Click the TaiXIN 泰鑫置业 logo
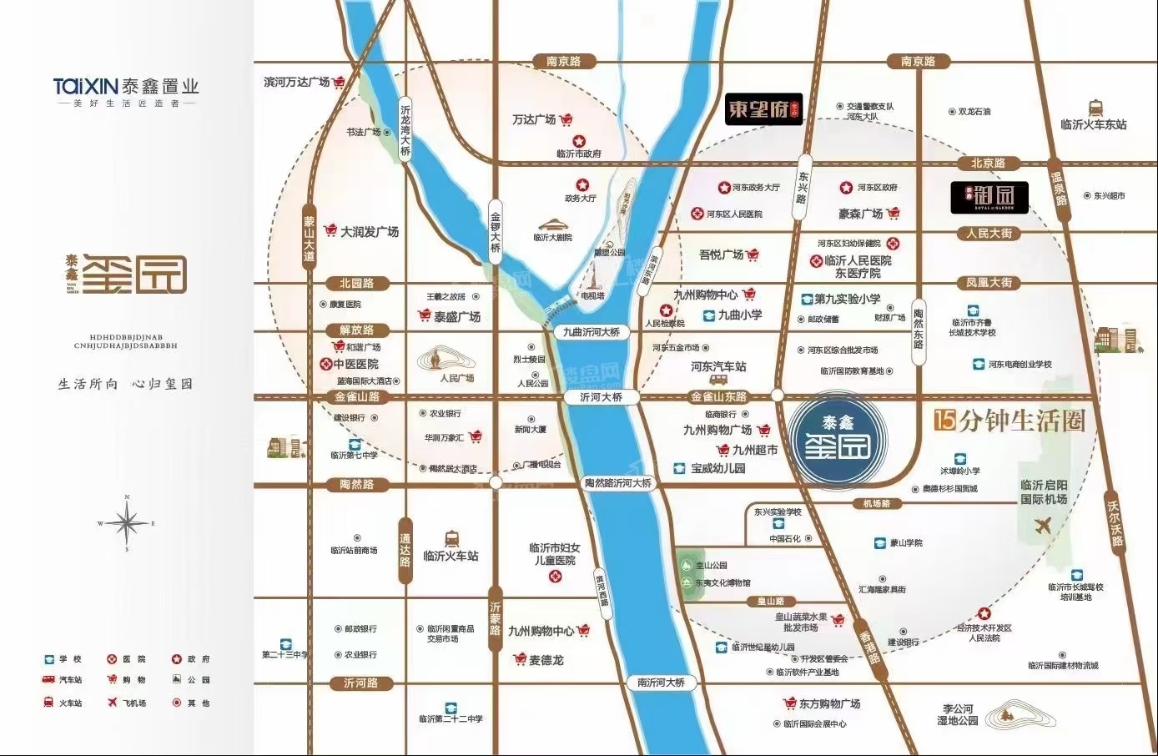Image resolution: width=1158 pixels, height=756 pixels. (x=126, y=87)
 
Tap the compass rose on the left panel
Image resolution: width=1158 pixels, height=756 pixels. (x=127, y=524)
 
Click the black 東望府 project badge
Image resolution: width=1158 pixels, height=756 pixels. (x=763, y=109)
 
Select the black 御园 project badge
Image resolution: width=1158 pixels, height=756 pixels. (x=989, y=197)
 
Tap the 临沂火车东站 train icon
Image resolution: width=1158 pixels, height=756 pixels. (x=1095, y=108)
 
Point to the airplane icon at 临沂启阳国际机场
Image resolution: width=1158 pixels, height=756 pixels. (x=1041, y=526)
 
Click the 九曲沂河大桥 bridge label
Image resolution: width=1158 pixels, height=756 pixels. (x=591, y=332)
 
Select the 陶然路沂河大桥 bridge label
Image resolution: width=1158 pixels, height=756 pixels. (x=617, y=483)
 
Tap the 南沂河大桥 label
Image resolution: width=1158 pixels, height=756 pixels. (x=661, y=683)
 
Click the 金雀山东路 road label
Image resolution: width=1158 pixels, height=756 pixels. (x=718, y=397)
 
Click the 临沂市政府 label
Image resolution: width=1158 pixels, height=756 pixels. (x=579, y=154)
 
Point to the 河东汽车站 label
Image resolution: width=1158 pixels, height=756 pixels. (x=718, y=367)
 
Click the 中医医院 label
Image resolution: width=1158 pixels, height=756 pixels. (x=355, y=365)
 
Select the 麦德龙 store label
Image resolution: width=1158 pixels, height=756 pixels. (x=546, y=660)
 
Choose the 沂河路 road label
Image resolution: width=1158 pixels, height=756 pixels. (x=360, y=683)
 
